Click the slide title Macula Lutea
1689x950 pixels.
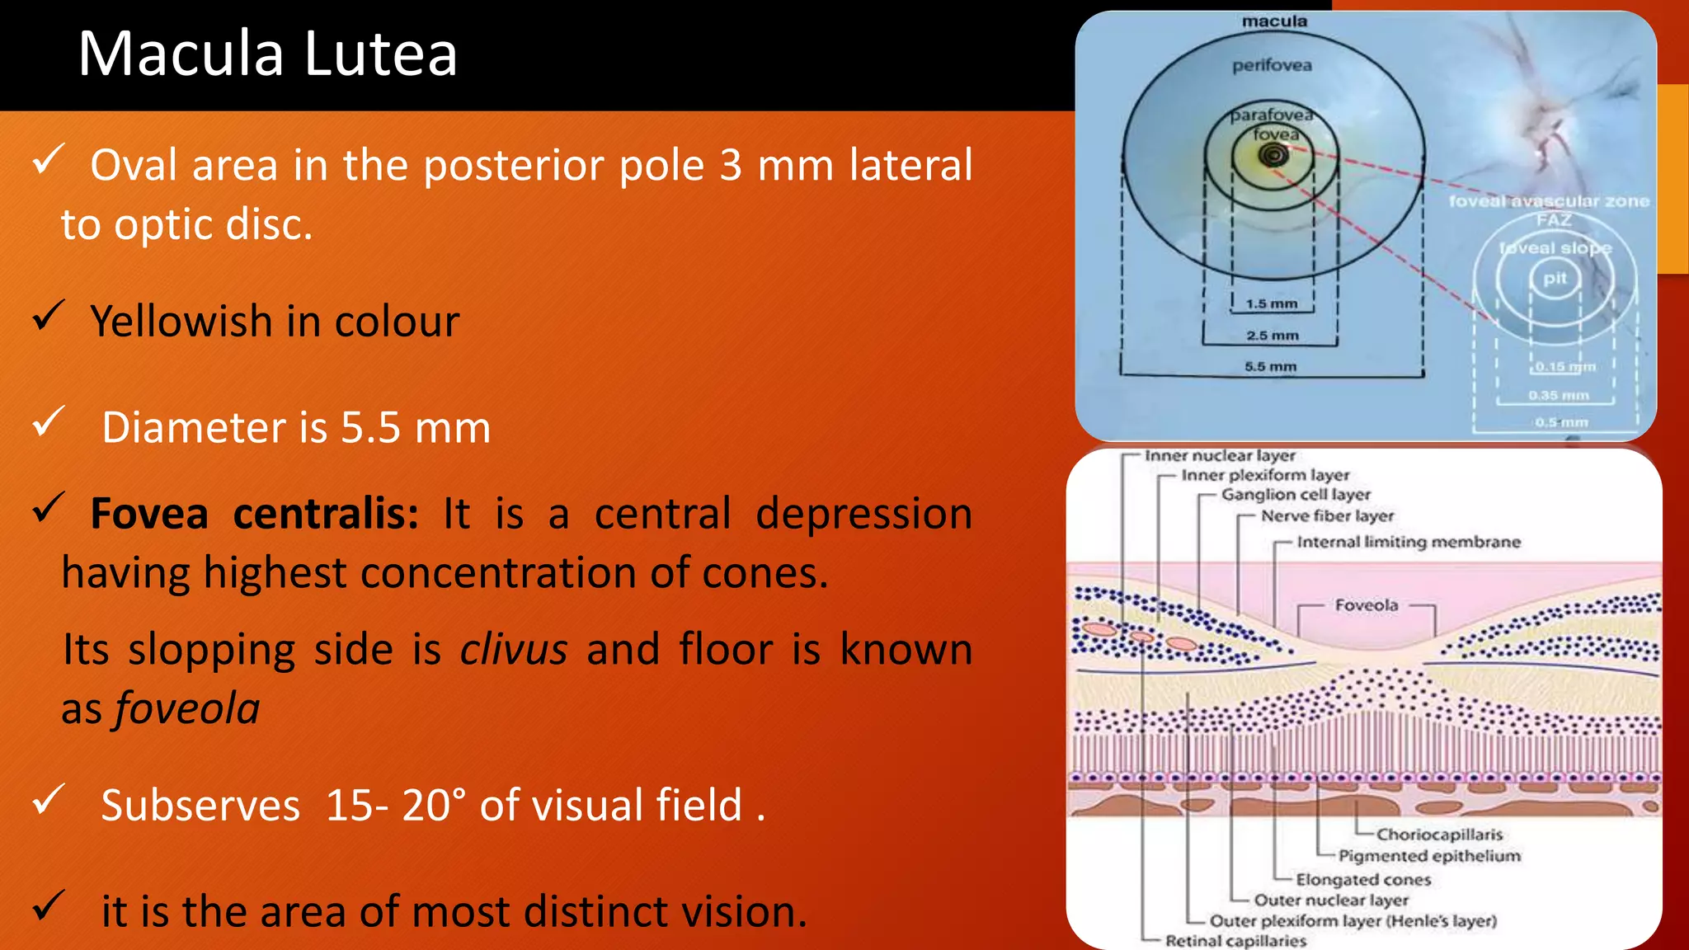(267, 54)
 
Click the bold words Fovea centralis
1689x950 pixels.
(254, 514)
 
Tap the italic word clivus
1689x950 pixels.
(513, 649)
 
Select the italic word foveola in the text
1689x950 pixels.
(188, 708)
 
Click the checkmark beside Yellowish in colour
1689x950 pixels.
(48, 316)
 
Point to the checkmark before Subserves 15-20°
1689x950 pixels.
(48, 800)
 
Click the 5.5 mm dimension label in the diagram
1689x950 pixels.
(1270, 366)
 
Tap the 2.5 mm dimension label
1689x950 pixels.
(1272, 336)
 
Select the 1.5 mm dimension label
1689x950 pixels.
(1271, 303)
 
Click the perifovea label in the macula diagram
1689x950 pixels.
(1272, 65)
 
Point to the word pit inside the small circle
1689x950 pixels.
(1555, 278)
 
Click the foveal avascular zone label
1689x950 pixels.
(1549, 201)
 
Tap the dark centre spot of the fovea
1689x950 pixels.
(1273, 154)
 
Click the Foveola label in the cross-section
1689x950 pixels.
(1366, 605)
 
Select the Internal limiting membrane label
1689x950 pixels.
(1408, 542)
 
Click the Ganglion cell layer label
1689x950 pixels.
(1295, 495)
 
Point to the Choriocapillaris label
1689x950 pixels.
(1439, 835)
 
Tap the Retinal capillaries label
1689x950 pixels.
(1235, 941)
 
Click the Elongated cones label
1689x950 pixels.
(1362, 880)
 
